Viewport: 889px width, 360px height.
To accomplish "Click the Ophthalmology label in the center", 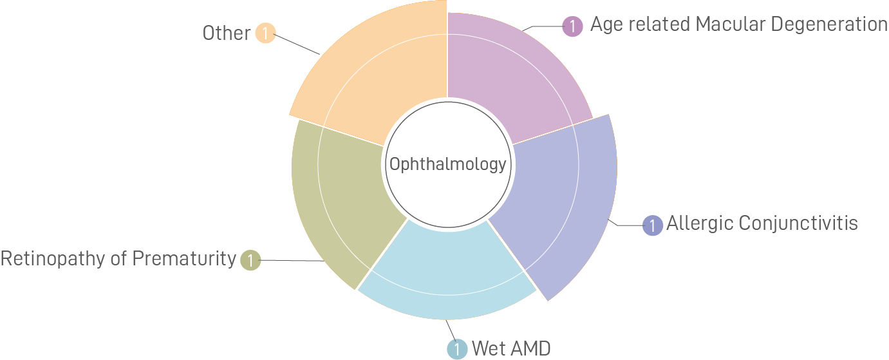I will (x=447, y=164).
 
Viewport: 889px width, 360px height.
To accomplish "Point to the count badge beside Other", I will (x=265, y=33).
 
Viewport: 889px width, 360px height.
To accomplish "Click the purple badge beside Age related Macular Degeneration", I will (x=572, y=26).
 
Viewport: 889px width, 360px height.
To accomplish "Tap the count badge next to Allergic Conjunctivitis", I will (x=653, y=225).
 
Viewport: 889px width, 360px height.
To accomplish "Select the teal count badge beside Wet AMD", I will (x=456, y=350).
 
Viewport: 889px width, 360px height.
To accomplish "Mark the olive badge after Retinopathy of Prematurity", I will (x=250, y=261).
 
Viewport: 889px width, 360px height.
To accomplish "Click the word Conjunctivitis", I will (x=798, y=223).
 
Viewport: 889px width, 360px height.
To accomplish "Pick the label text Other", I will (x=226, y=33).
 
